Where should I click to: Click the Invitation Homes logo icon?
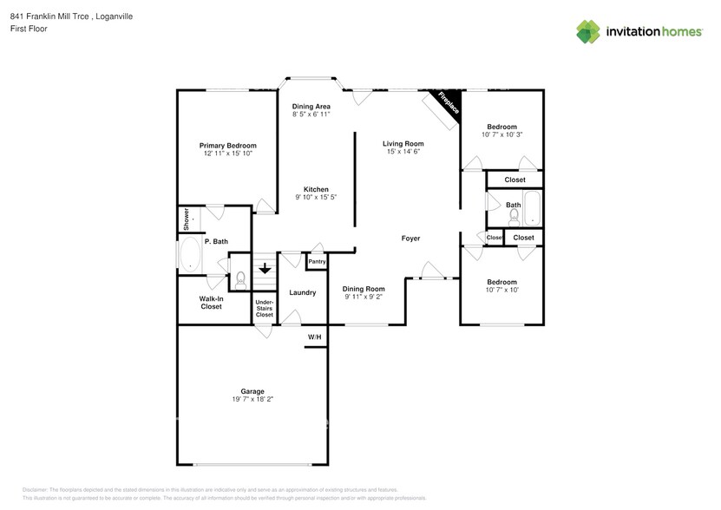point(589,30)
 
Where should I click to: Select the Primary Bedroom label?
point(228,146)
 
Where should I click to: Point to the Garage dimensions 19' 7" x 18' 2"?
point(252,400)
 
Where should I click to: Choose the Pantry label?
point(317,261)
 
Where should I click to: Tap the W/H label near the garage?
point(314,337)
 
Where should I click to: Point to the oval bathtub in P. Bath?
point(190,256)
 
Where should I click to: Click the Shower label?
point(185,219)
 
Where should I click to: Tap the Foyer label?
point(410,238)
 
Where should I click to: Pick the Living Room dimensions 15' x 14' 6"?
point(403,152)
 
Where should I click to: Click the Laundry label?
point(302,293)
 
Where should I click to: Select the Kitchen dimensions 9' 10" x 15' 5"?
point(315,198)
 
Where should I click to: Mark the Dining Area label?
point(311,105)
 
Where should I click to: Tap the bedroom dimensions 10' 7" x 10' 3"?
point(501,134)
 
